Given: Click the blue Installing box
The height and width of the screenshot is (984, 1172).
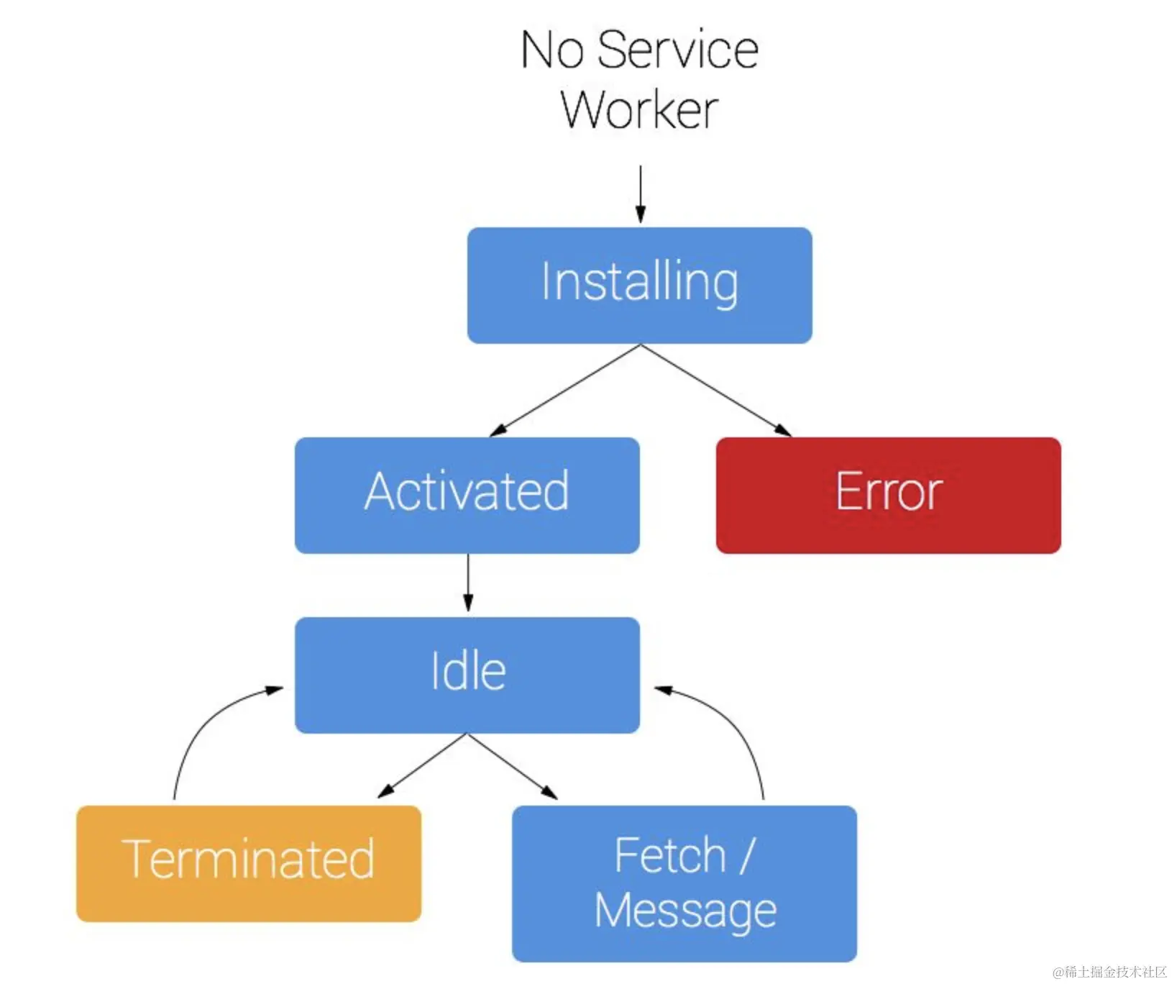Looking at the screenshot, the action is (x=640, y=286).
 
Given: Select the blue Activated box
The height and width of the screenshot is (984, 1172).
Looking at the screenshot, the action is (x=467, y=496).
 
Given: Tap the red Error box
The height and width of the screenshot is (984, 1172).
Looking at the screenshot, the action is (x=889, y=496).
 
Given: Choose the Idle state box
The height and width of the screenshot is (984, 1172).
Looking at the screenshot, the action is (x=467, y=675).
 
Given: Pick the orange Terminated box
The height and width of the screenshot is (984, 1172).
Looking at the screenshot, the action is (x=249, y=864).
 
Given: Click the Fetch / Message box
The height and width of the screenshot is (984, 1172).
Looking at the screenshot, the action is (x=685, y=884).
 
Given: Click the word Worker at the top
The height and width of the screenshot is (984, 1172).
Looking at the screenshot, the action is (x=640, y=110).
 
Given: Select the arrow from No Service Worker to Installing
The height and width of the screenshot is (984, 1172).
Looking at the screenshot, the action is (x=640, y=194).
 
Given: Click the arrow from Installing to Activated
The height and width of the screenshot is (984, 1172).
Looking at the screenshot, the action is (x=565, y=391).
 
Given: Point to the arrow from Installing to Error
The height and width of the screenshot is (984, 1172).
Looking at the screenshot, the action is (x=716, y=391).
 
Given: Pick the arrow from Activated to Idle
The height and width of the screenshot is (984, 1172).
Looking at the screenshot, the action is (x=468, y=583).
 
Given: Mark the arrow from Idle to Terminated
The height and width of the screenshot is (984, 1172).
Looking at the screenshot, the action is (x=422, y=766).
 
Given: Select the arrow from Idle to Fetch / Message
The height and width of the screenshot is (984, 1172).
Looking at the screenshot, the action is (x=513, y=766).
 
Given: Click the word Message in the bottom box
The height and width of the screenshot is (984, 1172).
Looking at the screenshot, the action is (x=685, y=911).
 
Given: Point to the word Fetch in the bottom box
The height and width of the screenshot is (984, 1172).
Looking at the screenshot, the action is (x=670, y=856).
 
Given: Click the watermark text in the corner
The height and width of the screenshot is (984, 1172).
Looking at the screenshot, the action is (x=1109, y=972).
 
